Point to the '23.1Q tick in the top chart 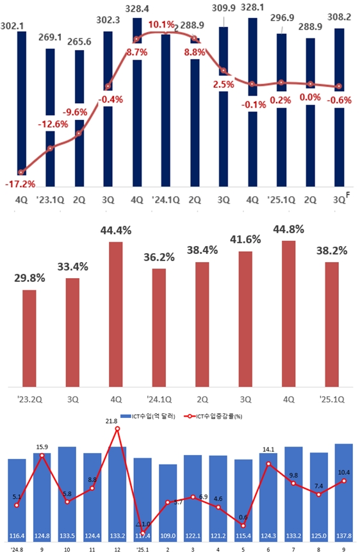tap(50, 200)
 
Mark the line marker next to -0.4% tap(108, 87)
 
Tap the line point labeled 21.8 tap(117, 429)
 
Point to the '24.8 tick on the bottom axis tap(16, 549)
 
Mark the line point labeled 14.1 tap(268, 463)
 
